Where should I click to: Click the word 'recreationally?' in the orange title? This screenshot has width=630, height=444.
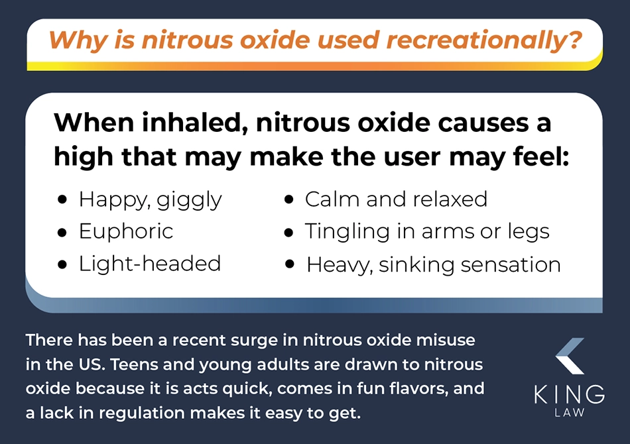(483, 40)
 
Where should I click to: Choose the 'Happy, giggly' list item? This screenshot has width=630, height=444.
(150, 200)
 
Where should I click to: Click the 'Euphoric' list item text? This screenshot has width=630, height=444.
(126, 232)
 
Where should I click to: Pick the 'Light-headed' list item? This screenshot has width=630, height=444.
(149, 263)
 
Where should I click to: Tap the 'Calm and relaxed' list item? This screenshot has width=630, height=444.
(396, 199)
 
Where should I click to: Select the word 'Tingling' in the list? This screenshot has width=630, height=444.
(347, 232)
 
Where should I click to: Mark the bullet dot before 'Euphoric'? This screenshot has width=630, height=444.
(62, 233)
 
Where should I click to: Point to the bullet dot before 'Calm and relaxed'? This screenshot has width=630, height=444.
(288, 199)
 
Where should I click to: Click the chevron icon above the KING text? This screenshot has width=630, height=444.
(570, 356)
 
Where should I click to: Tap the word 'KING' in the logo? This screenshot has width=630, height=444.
(570, 394)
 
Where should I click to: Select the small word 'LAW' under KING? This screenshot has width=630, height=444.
(570, 413)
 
